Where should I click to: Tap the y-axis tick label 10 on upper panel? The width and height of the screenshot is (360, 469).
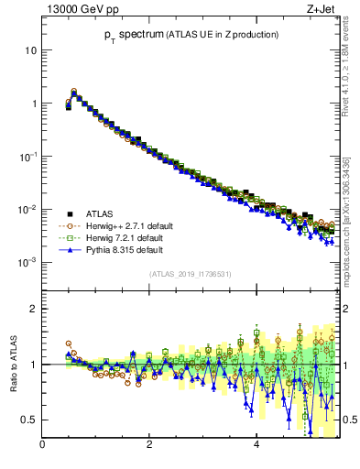point(30,50)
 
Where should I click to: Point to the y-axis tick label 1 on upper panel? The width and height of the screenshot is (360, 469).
point(34,104)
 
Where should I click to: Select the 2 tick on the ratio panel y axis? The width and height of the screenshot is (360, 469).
point(34,309)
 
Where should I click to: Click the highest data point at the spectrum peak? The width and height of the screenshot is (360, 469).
point(74,92)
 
